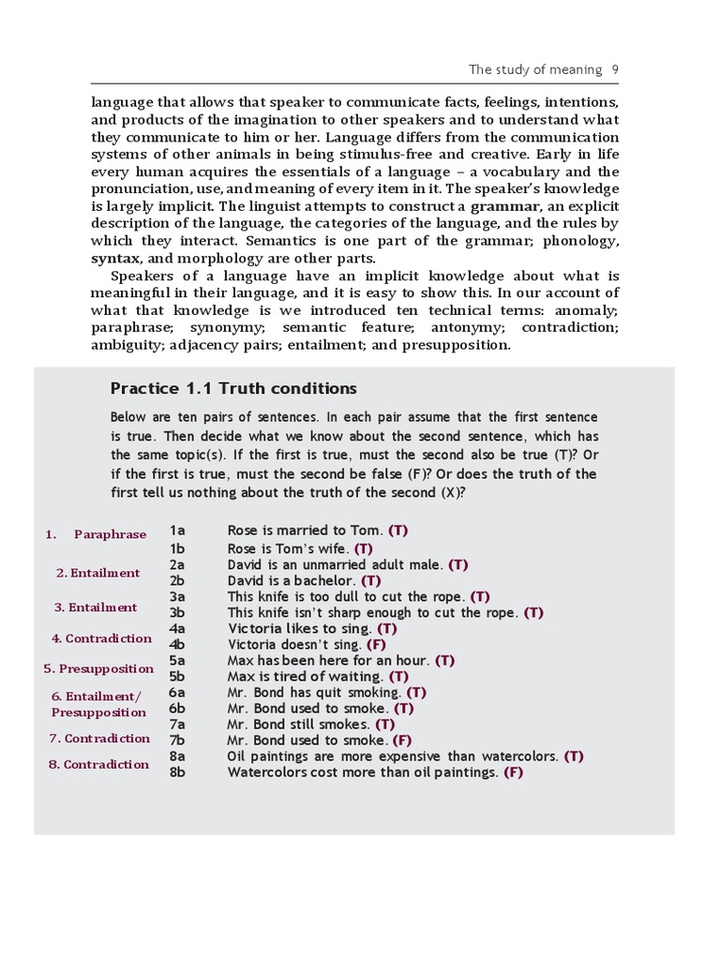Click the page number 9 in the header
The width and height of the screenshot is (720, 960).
tap(614, 69)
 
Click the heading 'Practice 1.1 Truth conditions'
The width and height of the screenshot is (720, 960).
tap(233, 389)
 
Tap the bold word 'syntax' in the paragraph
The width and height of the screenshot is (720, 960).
tap(114, 259)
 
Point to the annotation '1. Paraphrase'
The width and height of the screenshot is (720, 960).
tap(96, 534)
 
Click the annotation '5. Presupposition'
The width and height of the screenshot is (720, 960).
tap(98, 669)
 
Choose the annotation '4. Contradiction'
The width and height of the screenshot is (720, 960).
tap(101, 638)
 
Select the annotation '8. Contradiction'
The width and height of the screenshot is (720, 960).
tap(98, 764)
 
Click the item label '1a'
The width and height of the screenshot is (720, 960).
tap(177, 531)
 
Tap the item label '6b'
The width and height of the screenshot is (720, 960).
tap(177, 709)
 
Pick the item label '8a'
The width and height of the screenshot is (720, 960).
tap(177, 756)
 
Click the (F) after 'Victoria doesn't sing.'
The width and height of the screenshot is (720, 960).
tap(376, 645)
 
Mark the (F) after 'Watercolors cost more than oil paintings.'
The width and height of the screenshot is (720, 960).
tap(513, 772)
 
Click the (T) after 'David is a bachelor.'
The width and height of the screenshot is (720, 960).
tap(370, 581)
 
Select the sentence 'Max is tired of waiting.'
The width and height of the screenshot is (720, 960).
tap(305, 677)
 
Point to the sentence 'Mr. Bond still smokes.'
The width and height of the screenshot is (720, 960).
tap(298, 725)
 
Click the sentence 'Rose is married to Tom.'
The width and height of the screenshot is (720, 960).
tap(306, 531)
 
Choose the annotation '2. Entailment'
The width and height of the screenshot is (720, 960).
tap(98, 573)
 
